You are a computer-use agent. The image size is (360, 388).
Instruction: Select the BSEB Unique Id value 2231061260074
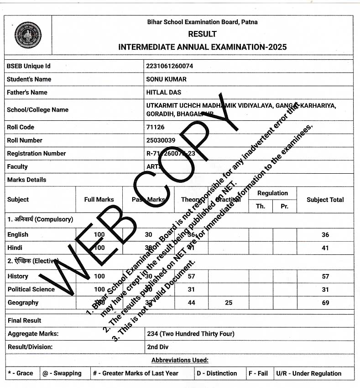170,66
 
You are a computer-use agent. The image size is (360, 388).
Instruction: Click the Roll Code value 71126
156,127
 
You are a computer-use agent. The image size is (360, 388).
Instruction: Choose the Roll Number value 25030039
161,140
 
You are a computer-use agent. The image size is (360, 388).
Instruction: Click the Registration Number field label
37,154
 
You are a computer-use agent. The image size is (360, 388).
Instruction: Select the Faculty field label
17,167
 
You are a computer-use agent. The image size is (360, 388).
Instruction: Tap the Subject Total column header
325,200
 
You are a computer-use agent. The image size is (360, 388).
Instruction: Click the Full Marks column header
99,200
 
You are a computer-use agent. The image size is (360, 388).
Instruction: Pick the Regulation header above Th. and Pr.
272,193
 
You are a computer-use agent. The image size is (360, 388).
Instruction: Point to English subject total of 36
325,235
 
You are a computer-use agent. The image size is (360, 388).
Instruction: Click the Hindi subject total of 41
325,248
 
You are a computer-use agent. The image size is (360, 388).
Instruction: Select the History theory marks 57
191,276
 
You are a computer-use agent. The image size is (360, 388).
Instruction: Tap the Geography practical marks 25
228,303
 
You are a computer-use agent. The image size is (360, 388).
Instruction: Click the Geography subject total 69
325,303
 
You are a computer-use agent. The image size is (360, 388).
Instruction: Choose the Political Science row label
31,290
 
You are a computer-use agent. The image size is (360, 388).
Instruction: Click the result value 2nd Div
158,347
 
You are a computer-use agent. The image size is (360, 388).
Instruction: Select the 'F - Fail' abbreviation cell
258,373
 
